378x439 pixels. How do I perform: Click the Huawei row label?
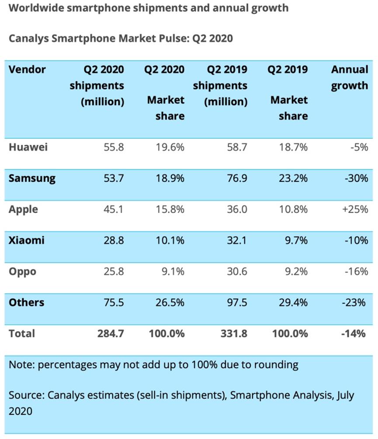coord(28,147)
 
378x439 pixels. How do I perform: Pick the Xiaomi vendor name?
coord(26,240)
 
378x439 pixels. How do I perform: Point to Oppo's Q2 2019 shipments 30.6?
coord(236,271)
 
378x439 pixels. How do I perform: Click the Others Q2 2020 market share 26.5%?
coord(170,302)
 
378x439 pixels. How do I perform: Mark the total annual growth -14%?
coord(354,334)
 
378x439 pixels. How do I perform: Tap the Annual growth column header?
coord(349,77)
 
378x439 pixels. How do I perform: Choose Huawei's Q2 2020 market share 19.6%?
coord(170,147)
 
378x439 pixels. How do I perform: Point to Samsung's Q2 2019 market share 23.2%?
coord(293,178)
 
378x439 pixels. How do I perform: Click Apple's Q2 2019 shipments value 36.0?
coord(236,209)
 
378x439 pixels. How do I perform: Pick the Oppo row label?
coord(22,271)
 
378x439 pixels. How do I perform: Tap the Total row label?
coord(22,334)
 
